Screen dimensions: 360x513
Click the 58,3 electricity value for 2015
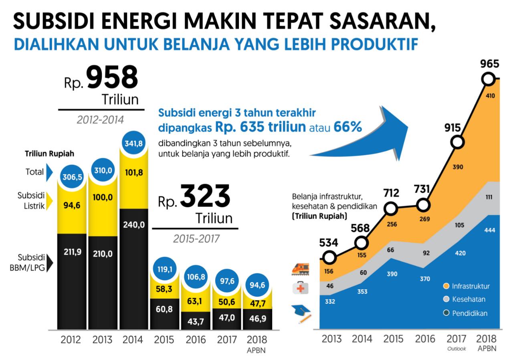pyautogui.click(x=164, y=288)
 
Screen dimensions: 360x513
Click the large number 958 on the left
pyautogui.click(x=112, y=78)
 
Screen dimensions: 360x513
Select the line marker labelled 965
pyautogui.click(x=489, y=79)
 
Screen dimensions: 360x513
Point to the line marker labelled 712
pyautogui.click(x=392, y=208)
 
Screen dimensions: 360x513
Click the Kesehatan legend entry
pyautogui.click(x=465, y=299)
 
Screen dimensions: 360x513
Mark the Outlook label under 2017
pyautogui.click(x=456, y=349)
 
